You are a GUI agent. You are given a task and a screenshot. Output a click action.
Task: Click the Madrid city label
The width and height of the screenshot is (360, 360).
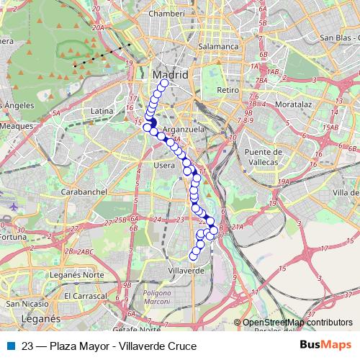coord(171,74)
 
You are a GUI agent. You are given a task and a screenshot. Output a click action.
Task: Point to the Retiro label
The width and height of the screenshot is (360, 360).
coord(227,91)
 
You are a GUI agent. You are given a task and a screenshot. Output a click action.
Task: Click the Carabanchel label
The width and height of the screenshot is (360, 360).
coord(84,192)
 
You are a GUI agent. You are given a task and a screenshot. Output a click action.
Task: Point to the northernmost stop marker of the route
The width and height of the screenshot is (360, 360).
coord(163,84)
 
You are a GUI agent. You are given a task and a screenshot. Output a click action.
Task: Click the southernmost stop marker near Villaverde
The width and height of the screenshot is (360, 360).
coord(193,256)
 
